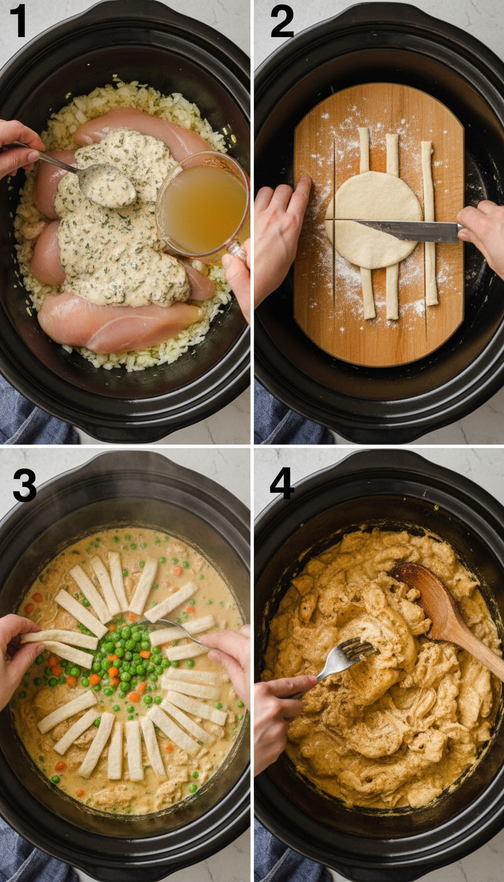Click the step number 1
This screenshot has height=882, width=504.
[18, 21]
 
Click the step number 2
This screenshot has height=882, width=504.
[282, 21]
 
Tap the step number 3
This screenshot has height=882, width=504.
[24, 486]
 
